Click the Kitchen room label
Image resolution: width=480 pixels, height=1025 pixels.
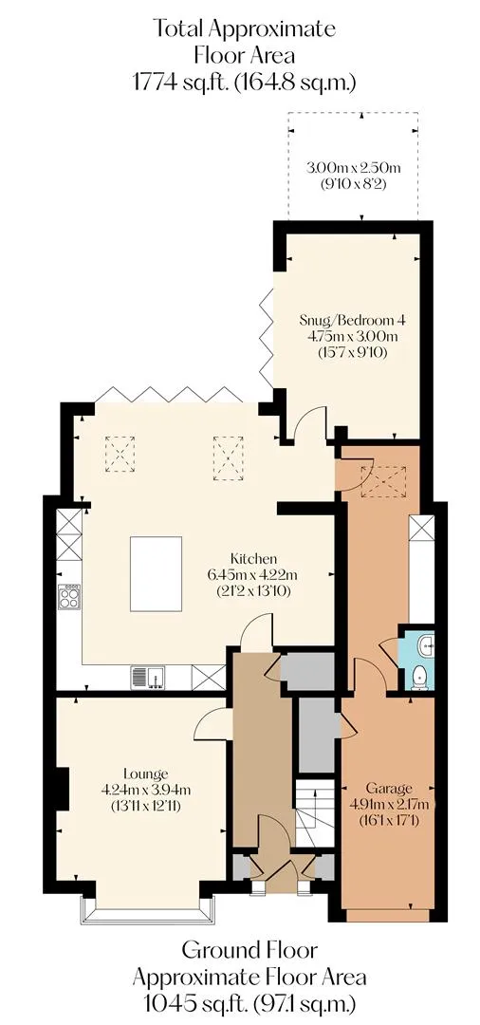(254, 559)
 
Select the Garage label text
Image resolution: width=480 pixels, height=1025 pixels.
(389, 787)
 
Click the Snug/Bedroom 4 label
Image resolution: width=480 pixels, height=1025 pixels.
(353, 321)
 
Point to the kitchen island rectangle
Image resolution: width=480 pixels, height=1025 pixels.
(157, 574)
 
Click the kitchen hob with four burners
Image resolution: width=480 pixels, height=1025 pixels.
(69, 596)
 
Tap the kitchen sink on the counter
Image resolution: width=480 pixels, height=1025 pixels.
(148, 678)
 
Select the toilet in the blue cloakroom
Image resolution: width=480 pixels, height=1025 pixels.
(420, 677)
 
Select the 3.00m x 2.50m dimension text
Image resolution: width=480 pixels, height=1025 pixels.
(353, 168)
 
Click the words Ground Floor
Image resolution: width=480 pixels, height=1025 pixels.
(249, 949)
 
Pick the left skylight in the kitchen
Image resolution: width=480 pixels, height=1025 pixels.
(120, 454)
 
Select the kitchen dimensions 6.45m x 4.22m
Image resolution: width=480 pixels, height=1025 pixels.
(254, 575)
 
